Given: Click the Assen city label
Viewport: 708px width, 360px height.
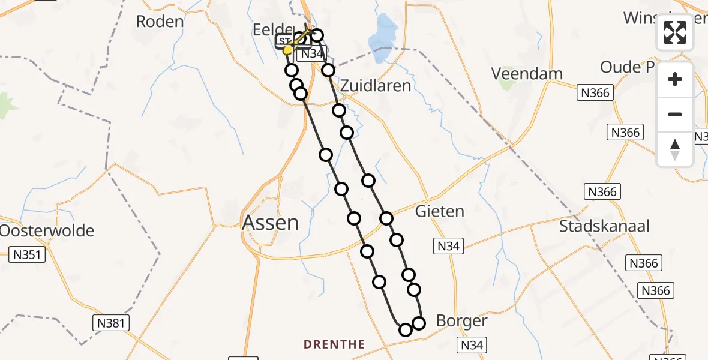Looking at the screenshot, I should pyautogui.click(x=270, y=223).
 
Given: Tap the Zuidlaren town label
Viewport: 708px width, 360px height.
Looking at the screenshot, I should pyautogui.click(x=376, y=86).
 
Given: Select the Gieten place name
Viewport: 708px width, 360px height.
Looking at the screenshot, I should pyautogui.click(x=440, y=211).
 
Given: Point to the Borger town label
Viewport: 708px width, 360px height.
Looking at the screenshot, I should pyautogui.click(x=461, y=320).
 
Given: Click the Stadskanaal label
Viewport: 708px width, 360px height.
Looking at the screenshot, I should pyautogui.click(x=604, y=226).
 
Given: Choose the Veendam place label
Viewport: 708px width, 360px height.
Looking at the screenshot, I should pyautogui.click(x=527, y=74).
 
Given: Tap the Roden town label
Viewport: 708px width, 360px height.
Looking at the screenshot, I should pyautogui.click(x=160, y=22).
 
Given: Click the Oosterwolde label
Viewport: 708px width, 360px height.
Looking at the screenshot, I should pyautogui.click(x=47, y=230).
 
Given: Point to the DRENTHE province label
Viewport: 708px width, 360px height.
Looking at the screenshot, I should pyautogui.click(x=334, y=344).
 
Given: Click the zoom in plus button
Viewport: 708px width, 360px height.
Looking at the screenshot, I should pyautogui.click(x=675, y=79).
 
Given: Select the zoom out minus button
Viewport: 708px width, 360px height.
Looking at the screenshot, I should pyautogui.click(x=675, y=114).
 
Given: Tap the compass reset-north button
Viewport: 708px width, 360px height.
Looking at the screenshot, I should pyautogui.click(x=675, y=149).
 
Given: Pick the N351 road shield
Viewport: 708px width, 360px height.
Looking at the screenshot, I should pyautogui.click(x=28, y=255).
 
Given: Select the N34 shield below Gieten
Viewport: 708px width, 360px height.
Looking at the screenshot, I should pyautogui.click(x=448, y=245).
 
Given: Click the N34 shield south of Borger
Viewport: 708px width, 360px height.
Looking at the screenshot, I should pyautogui.click(x=472, y=345).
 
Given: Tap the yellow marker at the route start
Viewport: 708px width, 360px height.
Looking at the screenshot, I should pyautogui.click(x=287, y=50).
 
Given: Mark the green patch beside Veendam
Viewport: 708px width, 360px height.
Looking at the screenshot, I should pyautogui.click(x=507, y=84).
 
